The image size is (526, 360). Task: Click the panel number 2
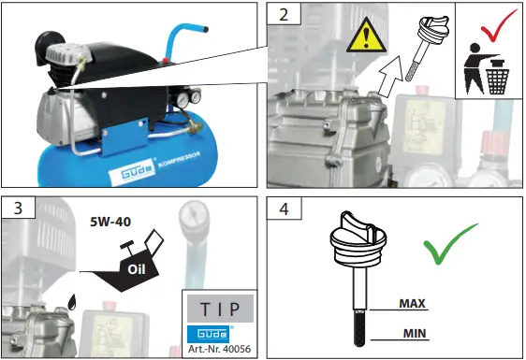(282, 17)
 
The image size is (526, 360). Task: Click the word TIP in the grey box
(218, 309)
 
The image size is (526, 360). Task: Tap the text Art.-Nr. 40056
(218, 348)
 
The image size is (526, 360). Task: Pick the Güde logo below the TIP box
(207, 333)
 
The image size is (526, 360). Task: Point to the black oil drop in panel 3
(71, 301)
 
